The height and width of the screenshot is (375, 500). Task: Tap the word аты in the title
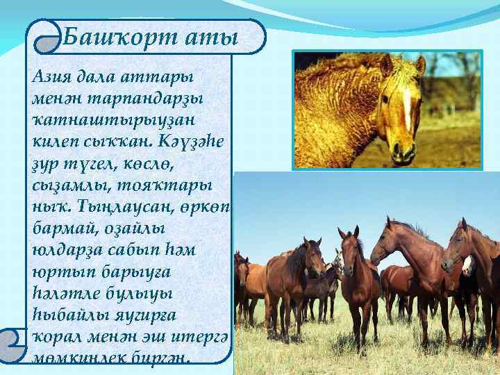click(x=212, y=37)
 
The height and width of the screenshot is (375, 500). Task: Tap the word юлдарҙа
click(x=62, y=244)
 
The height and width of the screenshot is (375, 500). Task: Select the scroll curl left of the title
click(x=44, y=40)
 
